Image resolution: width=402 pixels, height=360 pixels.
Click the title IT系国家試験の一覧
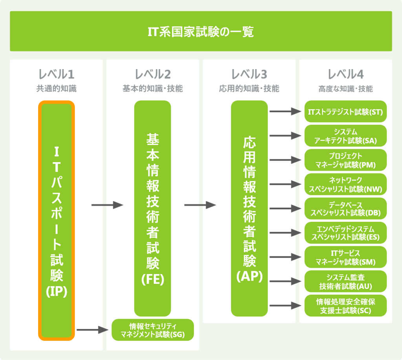201,31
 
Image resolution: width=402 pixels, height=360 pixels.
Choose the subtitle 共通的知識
56,89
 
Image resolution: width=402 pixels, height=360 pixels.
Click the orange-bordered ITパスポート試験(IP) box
56,220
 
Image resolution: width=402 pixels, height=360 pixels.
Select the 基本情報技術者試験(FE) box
153,208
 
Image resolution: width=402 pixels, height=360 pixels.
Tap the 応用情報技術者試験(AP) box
249,208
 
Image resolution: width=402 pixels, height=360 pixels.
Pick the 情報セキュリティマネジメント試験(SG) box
153,330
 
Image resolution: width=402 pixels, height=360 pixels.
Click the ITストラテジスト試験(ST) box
345,112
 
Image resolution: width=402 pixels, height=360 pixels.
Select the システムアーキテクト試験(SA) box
345,136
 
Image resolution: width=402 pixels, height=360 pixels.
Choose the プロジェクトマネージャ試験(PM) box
345,160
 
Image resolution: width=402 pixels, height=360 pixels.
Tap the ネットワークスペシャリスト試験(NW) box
345,185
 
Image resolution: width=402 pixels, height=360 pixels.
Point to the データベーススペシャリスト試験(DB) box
345,209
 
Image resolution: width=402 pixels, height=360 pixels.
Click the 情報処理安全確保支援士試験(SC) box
345,306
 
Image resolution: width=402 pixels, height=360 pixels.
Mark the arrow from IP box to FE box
107,205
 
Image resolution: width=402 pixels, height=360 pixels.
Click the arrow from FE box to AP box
200,205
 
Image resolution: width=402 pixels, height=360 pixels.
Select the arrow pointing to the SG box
92,330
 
